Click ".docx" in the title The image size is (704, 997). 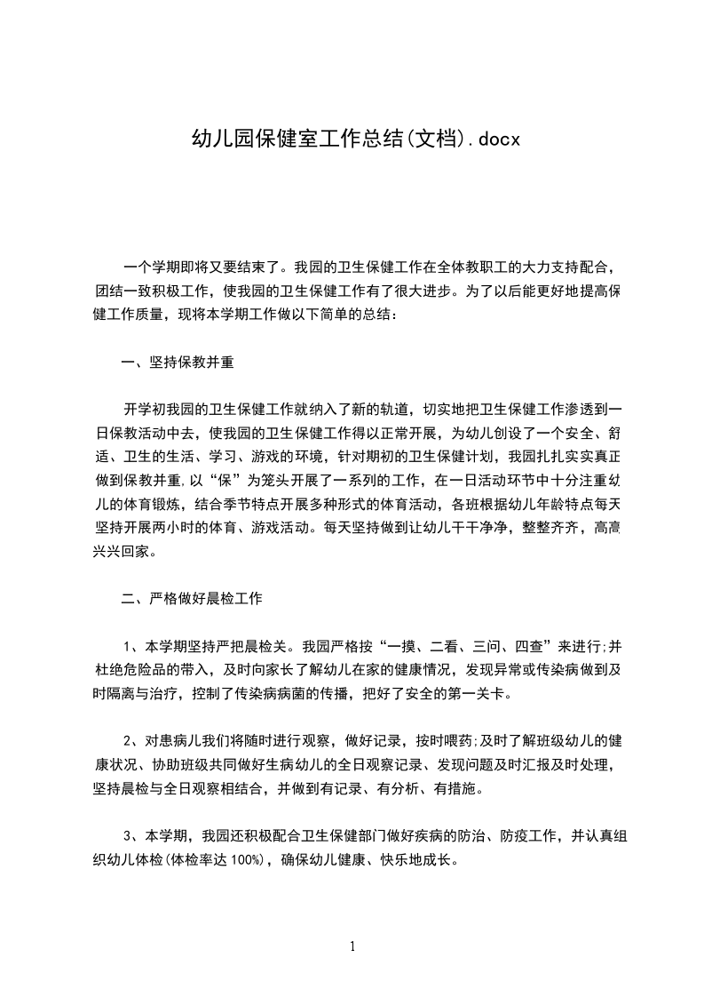coord(493,138)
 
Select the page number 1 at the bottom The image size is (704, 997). coord(352,946)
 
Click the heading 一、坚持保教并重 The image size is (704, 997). coord(178,362)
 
